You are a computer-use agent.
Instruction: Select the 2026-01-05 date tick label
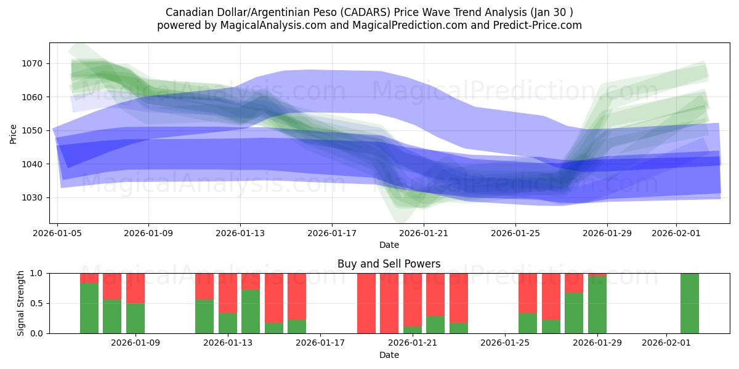57,234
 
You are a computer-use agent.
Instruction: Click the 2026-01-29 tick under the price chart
607,234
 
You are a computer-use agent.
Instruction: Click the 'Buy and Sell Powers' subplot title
389,264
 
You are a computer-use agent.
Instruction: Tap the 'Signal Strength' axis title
21,303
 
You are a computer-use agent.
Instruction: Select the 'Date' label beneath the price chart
389,245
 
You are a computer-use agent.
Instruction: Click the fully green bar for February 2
689,303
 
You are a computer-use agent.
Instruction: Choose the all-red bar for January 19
366,303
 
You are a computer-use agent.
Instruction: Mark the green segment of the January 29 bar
597,305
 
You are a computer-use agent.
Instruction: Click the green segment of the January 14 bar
251,311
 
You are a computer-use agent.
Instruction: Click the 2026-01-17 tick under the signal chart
320,343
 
